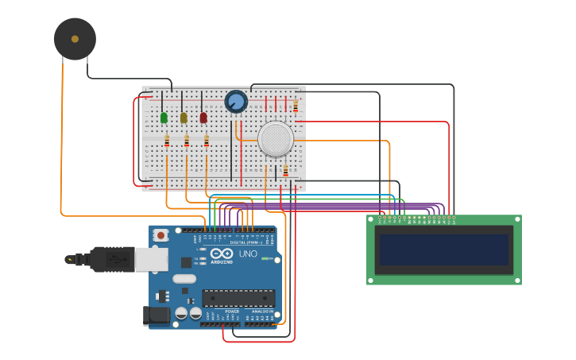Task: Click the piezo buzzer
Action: [x=75, y=39]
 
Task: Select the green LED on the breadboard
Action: [x=164, y=118]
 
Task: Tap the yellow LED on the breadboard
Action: [x=184, y=118]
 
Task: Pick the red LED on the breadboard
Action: [x=203, y=118]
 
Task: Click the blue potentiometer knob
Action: [x=236, y=102]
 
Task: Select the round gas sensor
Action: [x=276, y=138]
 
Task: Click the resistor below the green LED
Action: [x=167, y=141]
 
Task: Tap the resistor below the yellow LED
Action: [x=187, y=141]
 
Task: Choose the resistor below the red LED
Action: [x=207, y=141]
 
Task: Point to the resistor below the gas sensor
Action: [x=286, y=170]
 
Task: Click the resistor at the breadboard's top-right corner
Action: [x=296, y=106]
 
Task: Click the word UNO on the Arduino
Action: [x=248, y=254]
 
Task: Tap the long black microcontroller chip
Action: [x=238, y=298]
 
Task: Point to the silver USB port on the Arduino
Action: [x=151, y=259]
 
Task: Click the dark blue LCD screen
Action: [x=443, y=250]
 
